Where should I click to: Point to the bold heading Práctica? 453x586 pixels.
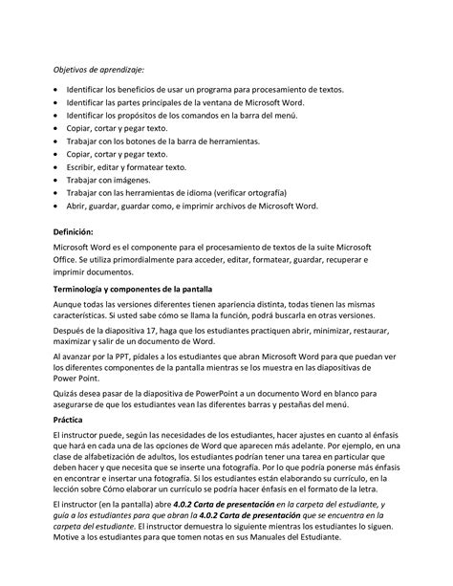tap(72, 419)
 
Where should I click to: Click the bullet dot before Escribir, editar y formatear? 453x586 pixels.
tap(56, 166)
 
